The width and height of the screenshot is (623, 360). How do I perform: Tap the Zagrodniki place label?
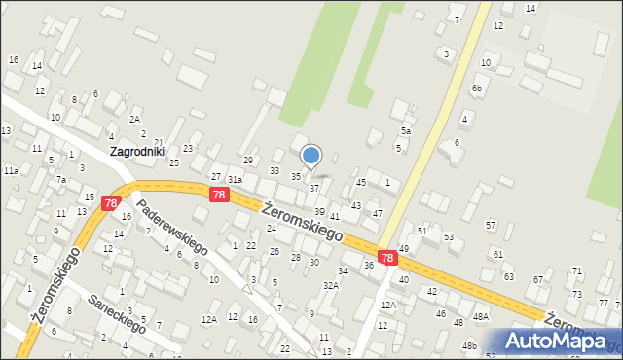click(x=137, y=152)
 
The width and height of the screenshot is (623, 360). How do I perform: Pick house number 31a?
click(x=235, y=180)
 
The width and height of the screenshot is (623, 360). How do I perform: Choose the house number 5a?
click(x=406, y=130)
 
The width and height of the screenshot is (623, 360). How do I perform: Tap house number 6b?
click(x=477, y=89)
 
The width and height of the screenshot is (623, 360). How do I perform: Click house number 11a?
click(x=11, y=170)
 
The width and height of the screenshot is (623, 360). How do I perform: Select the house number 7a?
click(x=60, y=180)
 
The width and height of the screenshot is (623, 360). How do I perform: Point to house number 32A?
click(x=331, y=285)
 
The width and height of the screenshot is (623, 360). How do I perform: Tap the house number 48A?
click(x=481, y=317)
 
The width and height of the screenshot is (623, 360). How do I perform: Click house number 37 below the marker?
click(x=313, y=188)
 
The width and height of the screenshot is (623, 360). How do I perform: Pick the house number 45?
click(x=361, y=182)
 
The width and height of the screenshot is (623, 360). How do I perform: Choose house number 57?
click(x=492, y=225)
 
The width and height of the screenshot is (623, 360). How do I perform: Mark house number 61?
click(x=497, y=254)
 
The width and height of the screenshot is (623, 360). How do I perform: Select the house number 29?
click(x=248, y=160)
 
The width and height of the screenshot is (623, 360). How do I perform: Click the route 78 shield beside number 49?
click(x=387, y=258)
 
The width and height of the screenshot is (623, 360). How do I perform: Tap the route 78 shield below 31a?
click(x=219, y=196)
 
